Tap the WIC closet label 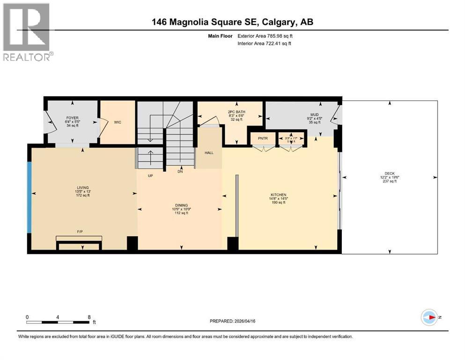(x=118, y=122)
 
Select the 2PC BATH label (x=236, y=112)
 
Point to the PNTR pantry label (x=262, y=138)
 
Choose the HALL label (x=209, y=153)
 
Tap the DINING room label (x=181, y=205)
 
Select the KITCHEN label (x=278, y=195)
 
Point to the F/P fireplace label (x=81, y=232)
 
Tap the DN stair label (x=180, y=172)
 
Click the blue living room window (x=29, y=197)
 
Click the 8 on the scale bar (x=89, y=317)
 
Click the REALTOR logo (x=27, y=32)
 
